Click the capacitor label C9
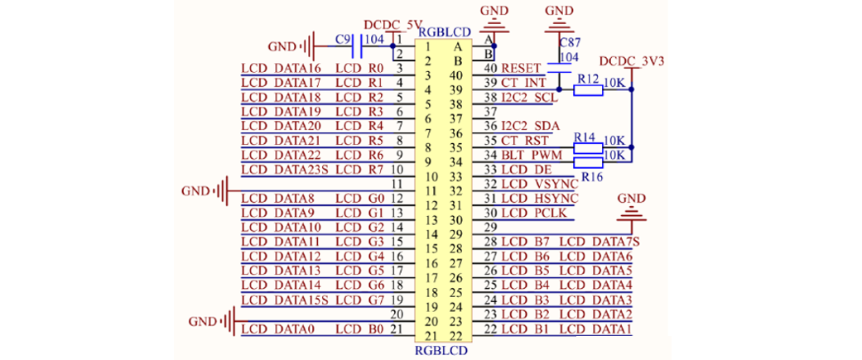point(343,39)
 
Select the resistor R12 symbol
point(589,89)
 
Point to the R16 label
point(591,176)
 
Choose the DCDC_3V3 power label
point(631,61)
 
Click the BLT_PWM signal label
point(531,155)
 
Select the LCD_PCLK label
point(535,213)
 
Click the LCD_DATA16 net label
point(281,68)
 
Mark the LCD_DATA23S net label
point(285,169)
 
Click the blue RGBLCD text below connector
point(441,350)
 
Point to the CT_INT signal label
point(523,83)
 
